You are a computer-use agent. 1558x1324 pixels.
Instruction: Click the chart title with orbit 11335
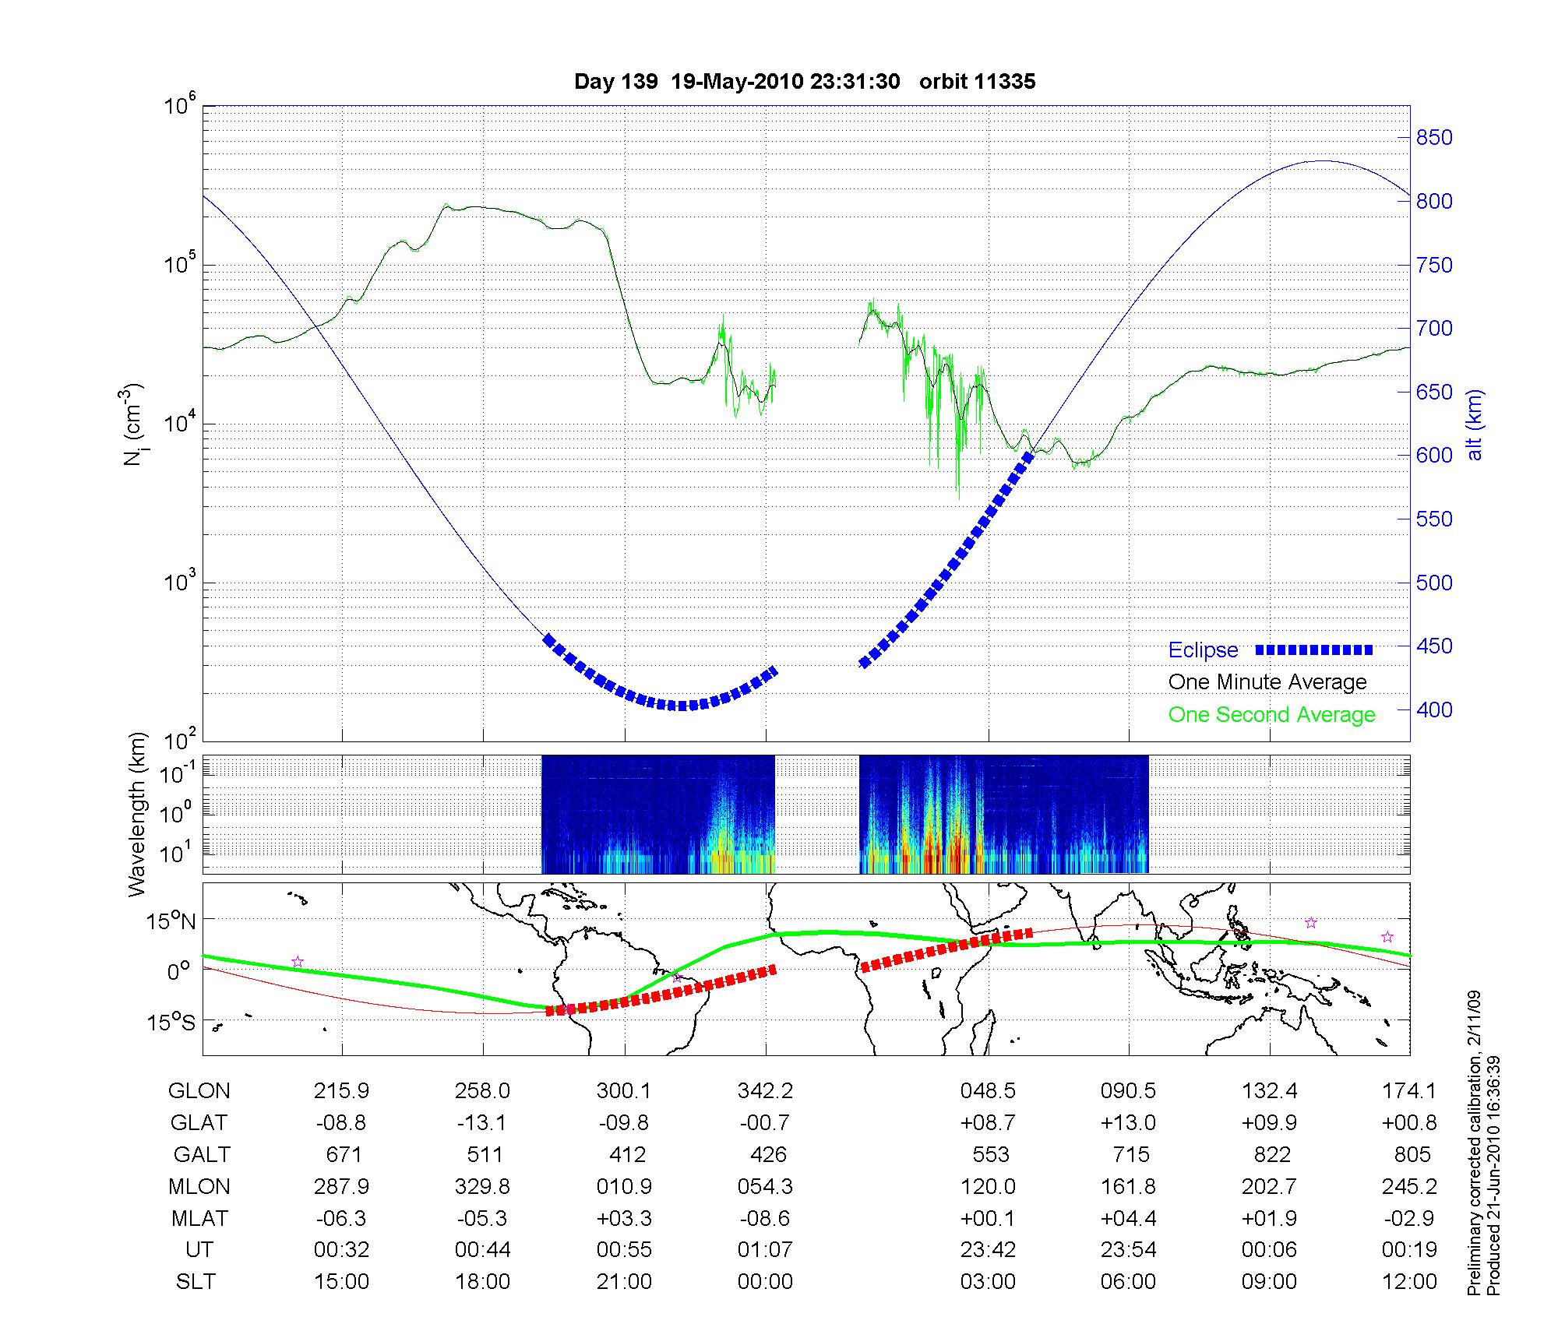pos(805,82)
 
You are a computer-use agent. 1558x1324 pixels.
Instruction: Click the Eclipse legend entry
pos(1203,650)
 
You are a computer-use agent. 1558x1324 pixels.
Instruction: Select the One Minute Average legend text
pos(1267,682)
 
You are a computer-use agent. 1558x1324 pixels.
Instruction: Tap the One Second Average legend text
pos(1271,715)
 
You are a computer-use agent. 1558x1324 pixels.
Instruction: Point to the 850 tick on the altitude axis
pos(1434,138)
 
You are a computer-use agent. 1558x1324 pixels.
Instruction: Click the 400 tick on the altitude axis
pos(1434,710)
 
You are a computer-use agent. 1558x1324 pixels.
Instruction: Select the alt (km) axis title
pos(1475,425)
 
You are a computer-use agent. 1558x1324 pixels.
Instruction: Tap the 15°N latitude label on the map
pos(171,922)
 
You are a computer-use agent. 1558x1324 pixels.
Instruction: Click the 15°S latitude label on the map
pos(171,1021)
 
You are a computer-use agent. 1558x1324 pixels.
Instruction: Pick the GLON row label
pos(199,1091)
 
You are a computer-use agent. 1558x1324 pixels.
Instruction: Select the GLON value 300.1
pos(623,1091)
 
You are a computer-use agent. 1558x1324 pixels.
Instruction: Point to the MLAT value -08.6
pos(765,1218)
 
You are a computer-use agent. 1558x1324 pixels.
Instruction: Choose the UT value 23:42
pos(988,1250)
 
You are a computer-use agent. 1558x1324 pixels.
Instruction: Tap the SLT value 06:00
pos(1129,1282)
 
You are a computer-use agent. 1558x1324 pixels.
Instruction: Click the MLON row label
pos(199,1186)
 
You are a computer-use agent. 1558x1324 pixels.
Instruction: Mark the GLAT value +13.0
pos(1129,1123)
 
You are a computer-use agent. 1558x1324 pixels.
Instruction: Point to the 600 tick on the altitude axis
pos(1434,456)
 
